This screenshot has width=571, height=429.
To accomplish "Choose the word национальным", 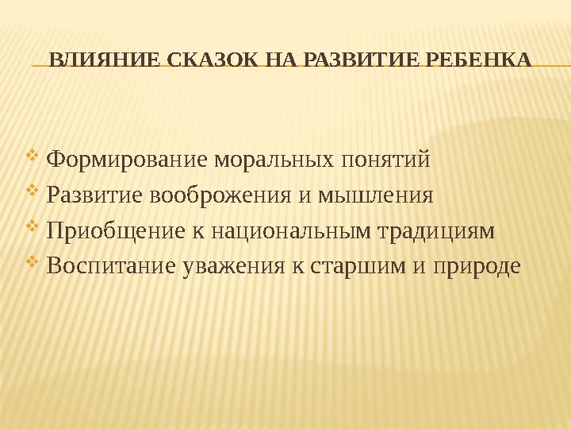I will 287,231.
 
